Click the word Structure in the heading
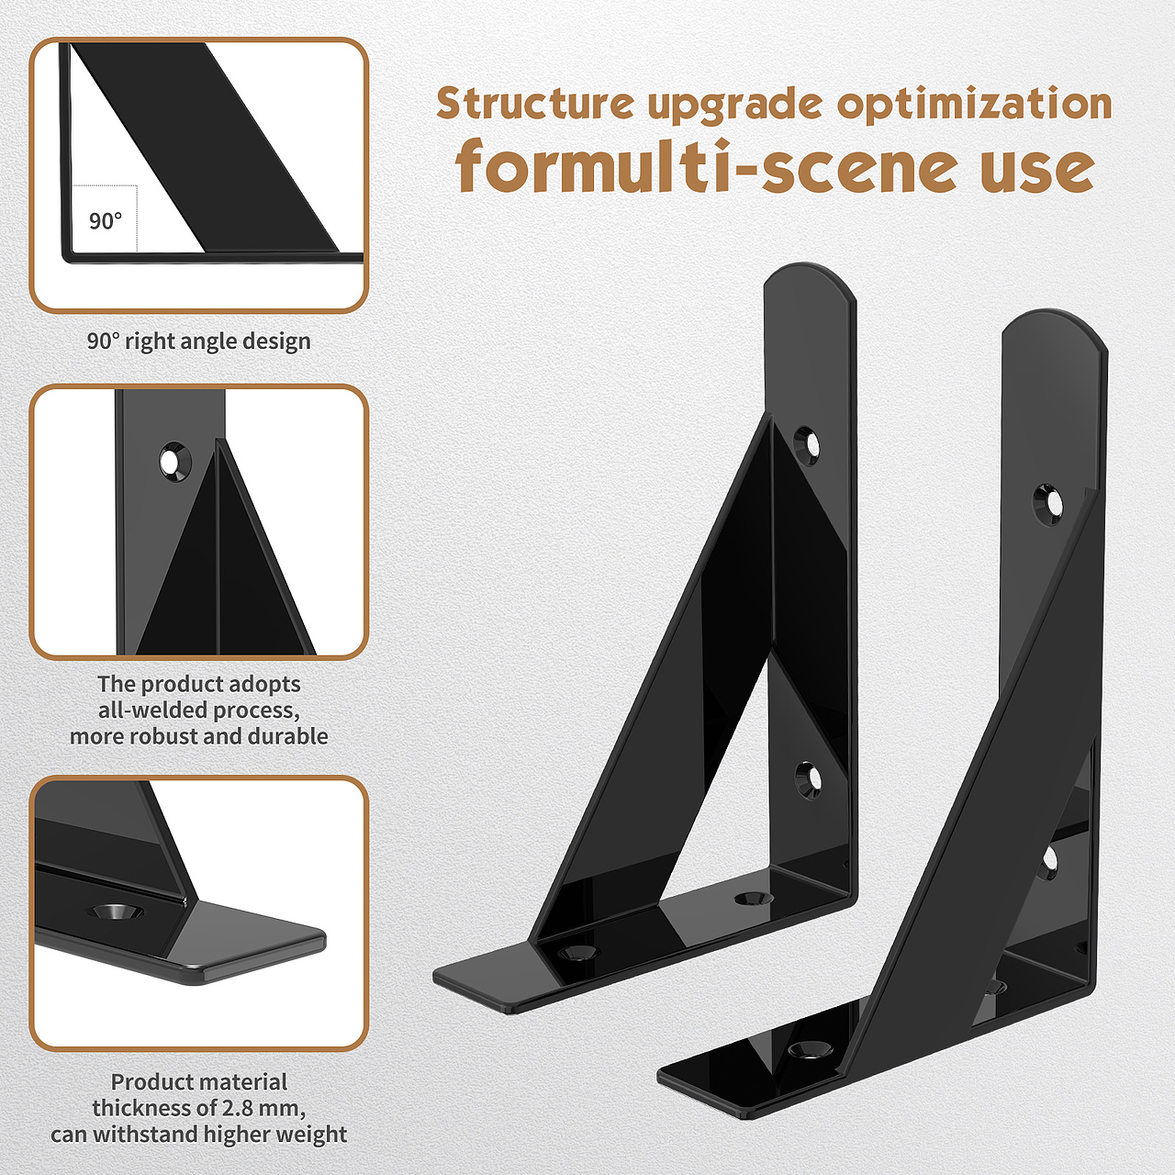point(535,103)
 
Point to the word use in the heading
point(1038,168)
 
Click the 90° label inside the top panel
point(106,220)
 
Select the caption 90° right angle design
point(199,341)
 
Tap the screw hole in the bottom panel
point(116,912)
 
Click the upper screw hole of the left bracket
point(807,446)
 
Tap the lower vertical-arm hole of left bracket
point(808,781)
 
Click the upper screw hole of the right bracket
point(1049,504)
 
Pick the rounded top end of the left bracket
point(811,286)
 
